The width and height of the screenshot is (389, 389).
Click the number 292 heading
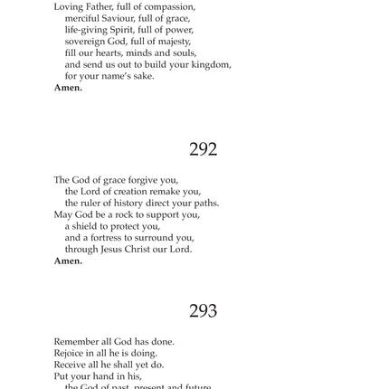[203, 149]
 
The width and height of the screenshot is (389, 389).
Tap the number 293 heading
[203, 311]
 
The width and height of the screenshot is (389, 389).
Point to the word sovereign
[84, 41]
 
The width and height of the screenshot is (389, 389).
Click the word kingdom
[212, 65]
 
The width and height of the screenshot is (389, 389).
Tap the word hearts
[103, 52]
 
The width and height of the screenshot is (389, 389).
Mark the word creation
[133, 192]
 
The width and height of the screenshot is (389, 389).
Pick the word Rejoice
[70, 354]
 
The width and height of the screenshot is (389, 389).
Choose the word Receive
[70, 365]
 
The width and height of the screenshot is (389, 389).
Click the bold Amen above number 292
[68, 88]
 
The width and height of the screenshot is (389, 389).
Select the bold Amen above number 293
[68, 261]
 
